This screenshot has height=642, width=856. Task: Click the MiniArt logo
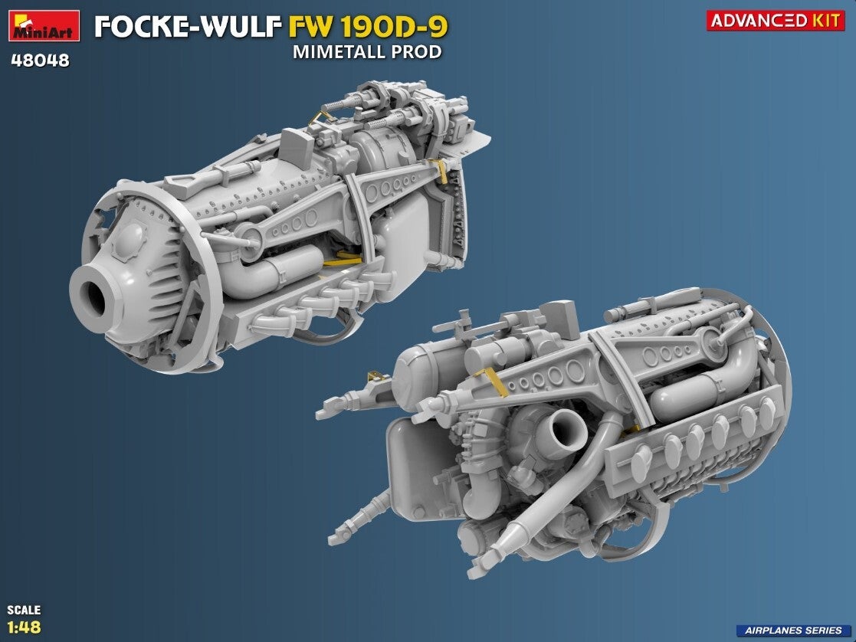pos(44,25)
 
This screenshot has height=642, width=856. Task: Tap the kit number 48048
pos(41,60)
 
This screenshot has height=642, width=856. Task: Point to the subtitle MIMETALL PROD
pos(367,52)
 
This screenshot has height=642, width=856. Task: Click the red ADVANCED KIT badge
pos(776,21)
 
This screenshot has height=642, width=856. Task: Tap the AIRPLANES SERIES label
pos(792,630)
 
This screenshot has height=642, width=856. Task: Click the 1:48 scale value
pos(24,626)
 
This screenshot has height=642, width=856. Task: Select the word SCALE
pos(24,609)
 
